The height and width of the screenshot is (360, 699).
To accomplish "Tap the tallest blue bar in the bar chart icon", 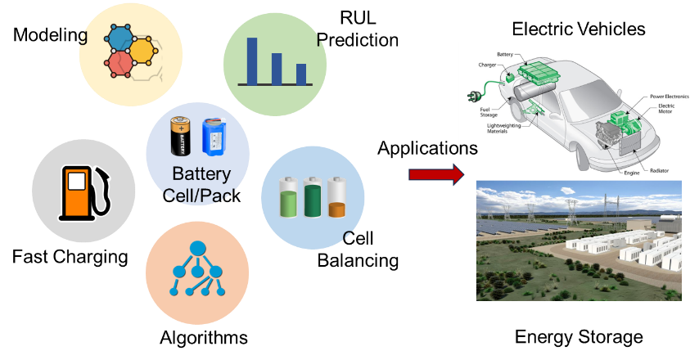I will pyautogui.click(x=252, y=61).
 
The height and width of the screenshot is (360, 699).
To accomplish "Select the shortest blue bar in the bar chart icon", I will pyautogui.click(x=301, y=74).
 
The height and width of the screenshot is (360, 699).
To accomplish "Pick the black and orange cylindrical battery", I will pyautogui.click(x=180, y=136).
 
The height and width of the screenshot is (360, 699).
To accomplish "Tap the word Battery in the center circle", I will pyautogui.click(x=201, y=173).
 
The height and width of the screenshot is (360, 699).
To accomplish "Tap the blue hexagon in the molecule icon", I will pyautogui.click(x=120, y=40).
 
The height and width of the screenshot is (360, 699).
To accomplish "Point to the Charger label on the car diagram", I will pyautogui.click(x=486, y=65).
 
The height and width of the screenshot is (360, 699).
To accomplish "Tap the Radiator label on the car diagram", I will pyautogui.click(x=659, y=170).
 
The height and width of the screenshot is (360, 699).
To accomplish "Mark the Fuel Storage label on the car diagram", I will pyautogui.click(x=489, y=113).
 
